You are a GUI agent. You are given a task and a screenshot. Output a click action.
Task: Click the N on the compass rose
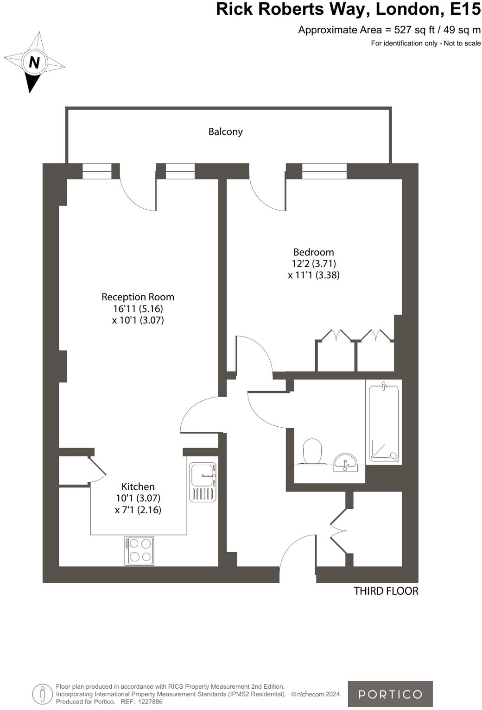pos(34,62)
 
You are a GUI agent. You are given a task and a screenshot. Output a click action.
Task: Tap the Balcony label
pos(225,131)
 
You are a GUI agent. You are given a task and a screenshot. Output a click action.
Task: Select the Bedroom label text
pos(313,252)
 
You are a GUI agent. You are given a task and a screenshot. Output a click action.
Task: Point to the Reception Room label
pos(138,297)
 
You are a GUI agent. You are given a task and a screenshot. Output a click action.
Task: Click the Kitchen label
pos(138,486)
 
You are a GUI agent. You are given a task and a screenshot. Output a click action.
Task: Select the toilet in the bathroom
pos(312,451)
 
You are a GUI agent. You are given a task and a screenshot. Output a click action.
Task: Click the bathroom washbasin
pos(345,462)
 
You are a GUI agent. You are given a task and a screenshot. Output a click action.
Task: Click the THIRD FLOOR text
pos(386,591)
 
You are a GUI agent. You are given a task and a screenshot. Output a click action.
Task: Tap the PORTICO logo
pos(390,694)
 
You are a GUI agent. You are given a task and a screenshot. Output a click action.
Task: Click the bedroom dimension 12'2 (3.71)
pos(313,264)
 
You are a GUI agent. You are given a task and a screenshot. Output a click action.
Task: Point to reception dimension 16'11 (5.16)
pos(138,309)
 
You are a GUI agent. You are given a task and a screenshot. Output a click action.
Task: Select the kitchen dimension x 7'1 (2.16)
pos(138,510)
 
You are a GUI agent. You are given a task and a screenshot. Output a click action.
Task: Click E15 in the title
pos(465,9)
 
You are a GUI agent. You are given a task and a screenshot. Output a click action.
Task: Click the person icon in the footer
pos(43,694)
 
